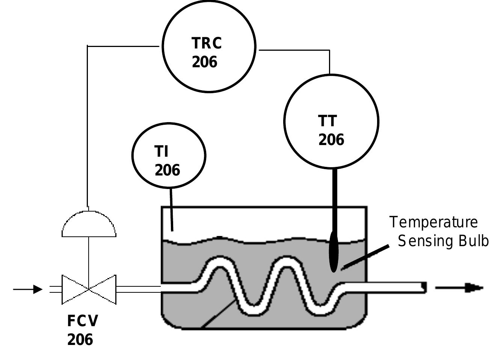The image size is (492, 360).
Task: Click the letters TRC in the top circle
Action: coord(207,43)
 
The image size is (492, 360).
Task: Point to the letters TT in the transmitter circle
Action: coord(328,121)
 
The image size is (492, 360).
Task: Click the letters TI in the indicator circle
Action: coord(161,151)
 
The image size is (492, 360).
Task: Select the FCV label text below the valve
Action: coord(83,321)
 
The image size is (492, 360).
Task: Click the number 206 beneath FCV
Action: coord(80,339)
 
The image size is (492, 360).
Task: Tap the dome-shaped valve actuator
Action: coord(89,225)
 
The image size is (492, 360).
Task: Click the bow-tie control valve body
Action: coord(89,289)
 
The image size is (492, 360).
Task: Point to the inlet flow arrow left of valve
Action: coord(28,289)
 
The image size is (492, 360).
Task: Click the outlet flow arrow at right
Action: coord(459,288)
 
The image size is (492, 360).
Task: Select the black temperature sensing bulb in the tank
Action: coord(334,252)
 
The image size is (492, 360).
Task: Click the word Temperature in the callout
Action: coord(433,222)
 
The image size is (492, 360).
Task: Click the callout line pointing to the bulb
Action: coord(366,257)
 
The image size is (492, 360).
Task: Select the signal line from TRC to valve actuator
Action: coord(88,124)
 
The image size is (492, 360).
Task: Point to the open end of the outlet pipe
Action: coord(424,287)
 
